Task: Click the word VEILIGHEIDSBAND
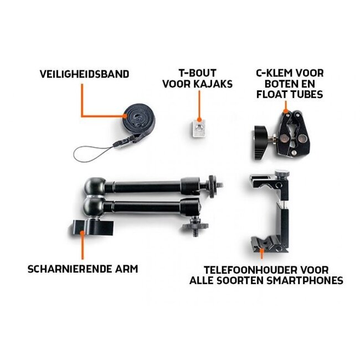coord(84,73)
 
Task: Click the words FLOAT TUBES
coord(289,95)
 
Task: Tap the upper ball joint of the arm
coord(91,186)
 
